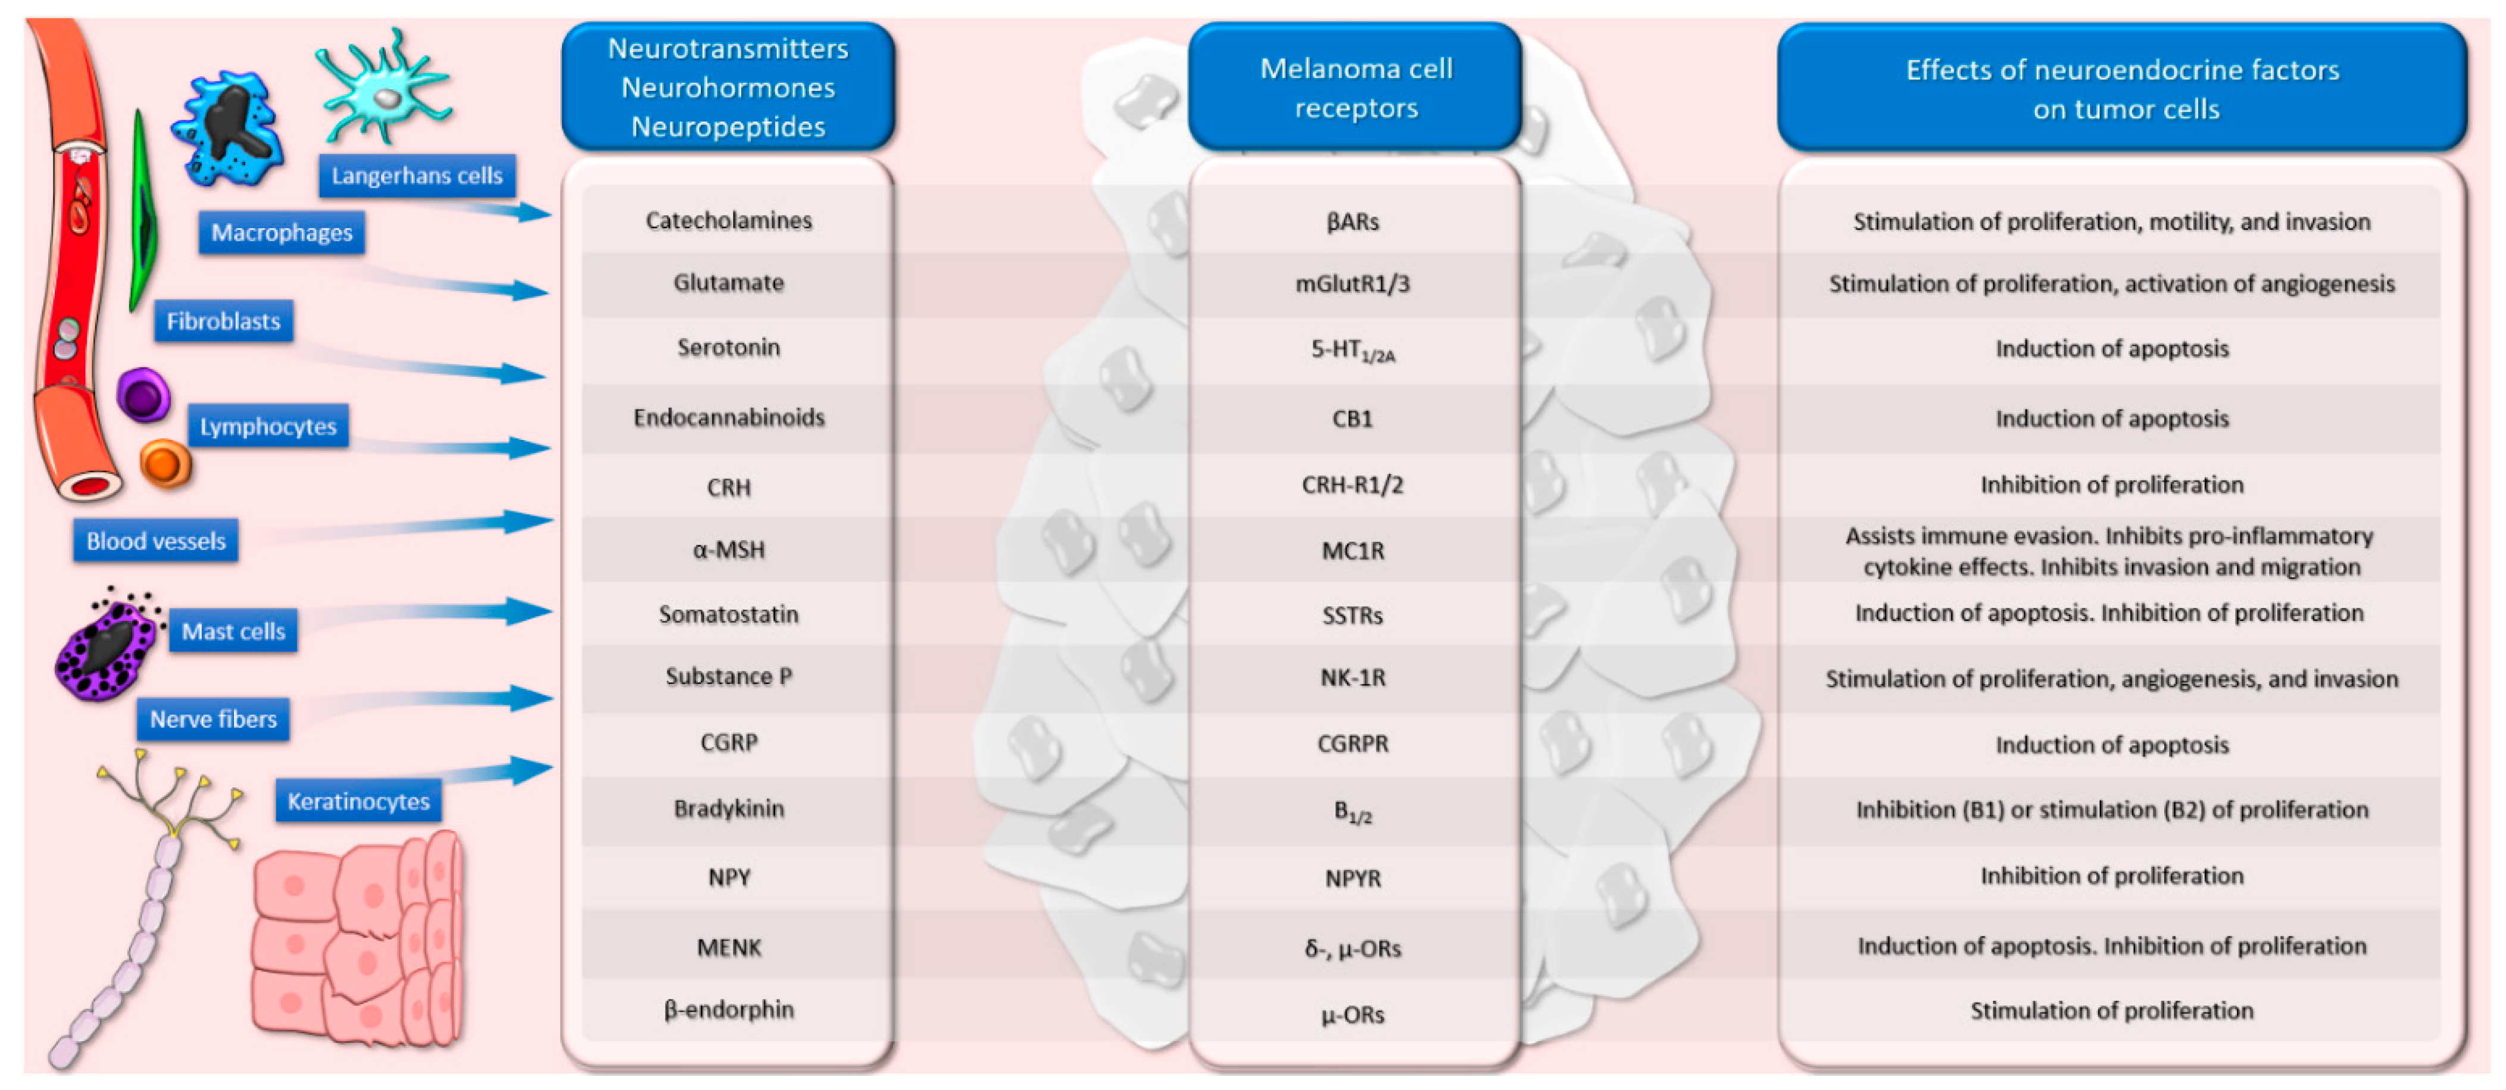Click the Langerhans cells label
click(416, 176)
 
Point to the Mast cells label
click(233, 631)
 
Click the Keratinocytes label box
click(358, 801)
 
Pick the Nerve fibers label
click(213, 719)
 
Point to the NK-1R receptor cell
click(1352, 677)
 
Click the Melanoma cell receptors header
click(1355, 88)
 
